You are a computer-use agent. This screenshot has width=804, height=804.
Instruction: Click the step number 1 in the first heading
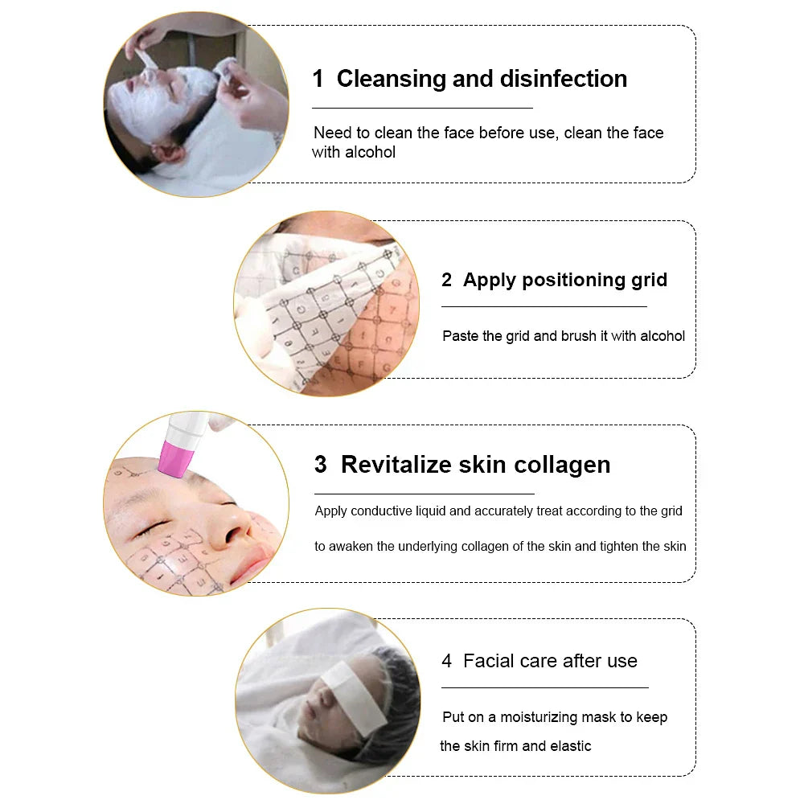click(318, 79)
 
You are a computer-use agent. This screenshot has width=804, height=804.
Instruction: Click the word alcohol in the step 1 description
click(371, 152)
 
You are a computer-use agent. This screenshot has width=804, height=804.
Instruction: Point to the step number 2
click(447, 280)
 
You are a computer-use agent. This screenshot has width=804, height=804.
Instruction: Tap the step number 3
click(321, 465)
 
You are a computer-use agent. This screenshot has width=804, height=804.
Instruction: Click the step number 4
click(447, 661)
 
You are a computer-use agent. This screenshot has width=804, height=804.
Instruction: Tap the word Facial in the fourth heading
click(491, 661)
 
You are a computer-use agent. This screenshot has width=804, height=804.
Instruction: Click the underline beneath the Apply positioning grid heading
click(544, 306)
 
